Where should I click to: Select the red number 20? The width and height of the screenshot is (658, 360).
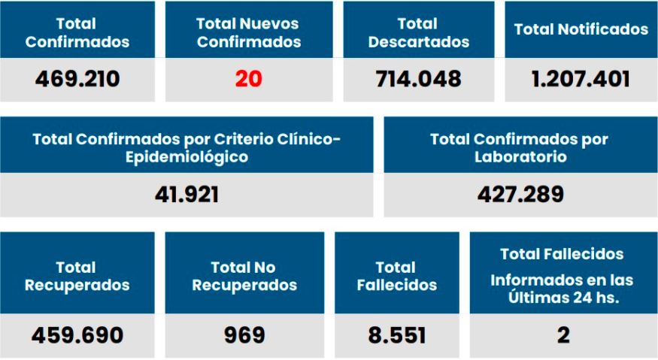pyautogui.click(x=248, y=79)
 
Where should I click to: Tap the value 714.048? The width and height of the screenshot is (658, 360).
pyautogui.click(x=419, y=79)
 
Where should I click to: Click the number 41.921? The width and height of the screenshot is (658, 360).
pyautogui.click(x=186, y=195)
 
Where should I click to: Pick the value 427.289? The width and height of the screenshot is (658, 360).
pyautogui.click(x=520, y=195)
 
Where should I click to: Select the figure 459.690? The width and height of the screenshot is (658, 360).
pyautogui.click(x=77, y=334)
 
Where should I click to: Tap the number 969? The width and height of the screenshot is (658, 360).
pyautogui.click(x=244, y=334)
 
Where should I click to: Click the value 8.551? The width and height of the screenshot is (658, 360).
pyautogui.click(x=396, y=334)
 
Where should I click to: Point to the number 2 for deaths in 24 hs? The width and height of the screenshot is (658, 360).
pyautogui.click(x=562, y=334)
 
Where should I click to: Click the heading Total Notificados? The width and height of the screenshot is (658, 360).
pyautogui.click(x=581, y=29)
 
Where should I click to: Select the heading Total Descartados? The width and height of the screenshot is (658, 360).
pyautogui.click(x=419, y=33)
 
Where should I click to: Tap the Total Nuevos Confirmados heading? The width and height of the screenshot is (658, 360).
pyautogui.click(x=248, y=33)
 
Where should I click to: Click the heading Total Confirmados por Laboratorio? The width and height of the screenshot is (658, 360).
pyautogui.click(x=520, y=149)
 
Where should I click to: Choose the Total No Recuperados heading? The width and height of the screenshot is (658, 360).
pyautogui.click(x=244, y=276)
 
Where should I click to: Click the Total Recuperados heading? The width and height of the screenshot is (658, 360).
pyautogui.click(x=77, y=276)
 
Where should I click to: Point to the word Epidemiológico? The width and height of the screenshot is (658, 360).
pyautogui.click(x=186, y=158)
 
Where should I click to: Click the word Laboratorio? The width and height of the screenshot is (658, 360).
pyautogui.click(x=520, y=158)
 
